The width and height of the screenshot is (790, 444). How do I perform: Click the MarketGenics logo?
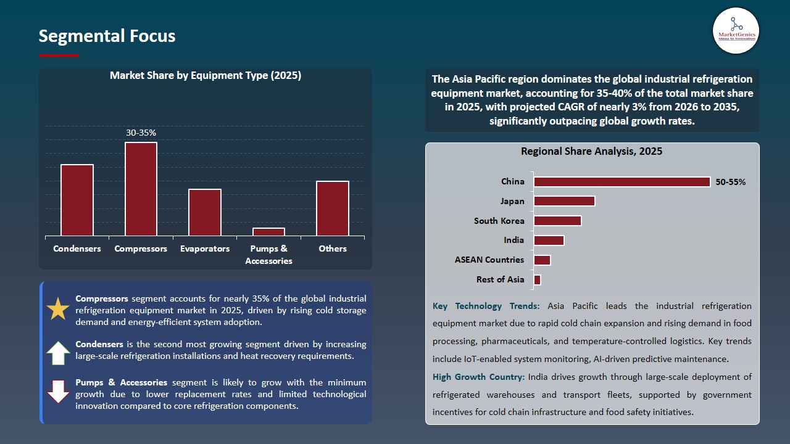click(x=736, y=31)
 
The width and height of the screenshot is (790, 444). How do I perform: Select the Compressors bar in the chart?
click(x=141, y=189)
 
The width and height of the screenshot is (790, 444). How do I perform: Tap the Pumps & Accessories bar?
click(x=268, y=232)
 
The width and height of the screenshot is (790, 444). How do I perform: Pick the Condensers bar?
click(x=77, y=200)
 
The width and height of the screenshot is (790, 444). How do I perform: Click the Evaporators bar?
click(x=205, y=212)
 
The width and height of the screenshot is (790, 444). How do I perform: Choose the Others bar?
click(x=333, y=208)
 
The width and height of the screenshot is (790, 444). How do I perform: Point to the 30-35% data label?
click(x=141, y=133)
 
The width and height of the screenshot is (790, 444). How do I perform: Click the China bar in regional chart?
click(x=622, y=182)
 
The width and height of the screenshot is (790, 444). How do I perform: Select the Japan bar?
click(x=564, y=201)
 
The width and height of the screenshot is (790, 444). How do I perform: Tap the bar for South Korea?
click(x=557, y=221)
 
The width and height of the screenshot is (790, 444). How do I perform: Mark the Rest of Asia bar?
click(x=537, y=280)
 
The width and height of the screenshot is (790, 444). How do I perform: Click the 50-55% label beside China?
click(x=731, y=182)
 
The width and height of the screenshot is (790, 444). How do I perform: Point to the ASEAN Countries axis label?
click(x=489, y=260)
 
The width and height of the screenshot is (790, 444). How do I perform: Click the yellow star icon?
click(x=58, y=309)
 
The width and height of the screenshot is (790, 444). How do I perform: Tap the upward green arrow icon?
click(x=58, y=353)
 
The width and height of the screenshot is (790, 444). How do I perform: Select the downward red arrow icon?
click(x=58, y=392)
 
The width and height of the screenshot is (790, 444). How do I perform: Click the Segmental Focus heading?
click(x=107, y=36)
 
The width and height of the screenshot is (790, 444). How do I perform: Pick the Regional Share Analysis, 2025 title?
click(x=591, y=152)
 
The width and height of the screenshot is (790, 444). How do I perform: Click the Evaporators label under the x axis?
click(x=205, y=249)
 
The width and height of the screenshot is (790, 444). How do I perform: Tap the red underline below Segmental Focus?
click(x=59, y=55)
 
